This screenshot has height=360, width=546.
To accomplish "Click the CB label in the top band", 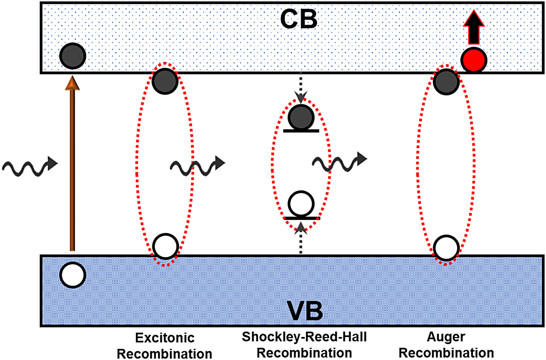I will pyautogui.click(x=299, y=19).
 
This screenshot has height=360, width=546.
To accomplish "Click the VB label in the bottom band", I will pyautogui.click(x=305, y=311).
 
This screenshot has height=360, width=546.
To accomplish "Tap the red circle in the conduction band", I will pyautogui.click(x=473, y=60).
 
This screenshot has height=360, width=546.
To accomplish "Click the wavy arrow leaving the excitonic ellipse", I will pyautogui.click(x=197, y=166).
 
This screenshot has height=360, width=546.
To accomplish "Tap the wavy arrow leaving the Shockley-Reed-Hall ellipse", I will pyautogui.click(x=339, y=162).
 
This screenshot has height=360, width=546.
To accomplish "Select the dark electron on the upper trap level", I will pyautogui.click(x=301, y=117).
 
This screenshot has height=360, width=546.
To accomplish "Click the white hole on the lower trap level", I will pyautogui.click(x=301, y=204).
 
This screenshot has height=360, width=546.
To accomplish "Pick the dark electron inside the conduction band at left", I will pyautogui.click(x=73, y=56).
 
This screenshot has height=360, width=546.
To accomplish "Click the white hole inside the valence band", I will pyautogui.click(x=73, y=275).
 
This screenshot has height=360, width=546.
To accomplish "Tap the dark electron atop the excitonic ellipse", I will pyautogui.click(x=165, y=81).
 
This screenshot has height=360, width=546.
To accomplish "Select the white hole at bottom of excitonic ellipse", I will pyautogui.click(x=166, y=246).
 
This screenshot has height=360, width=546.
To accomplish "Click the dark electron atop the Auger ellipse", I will pyautogui.click(x=446, y=82).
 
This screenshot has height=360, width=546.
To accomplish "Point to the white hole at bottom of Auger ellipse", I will pyautogui.click(x=446, y=248).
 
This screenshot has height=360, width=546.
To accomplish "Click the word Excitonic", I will pyautogui.click(x=165, y=338).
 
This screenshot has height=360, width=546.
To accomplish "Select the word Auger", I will pyautogui.click(x=446, y=337).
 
